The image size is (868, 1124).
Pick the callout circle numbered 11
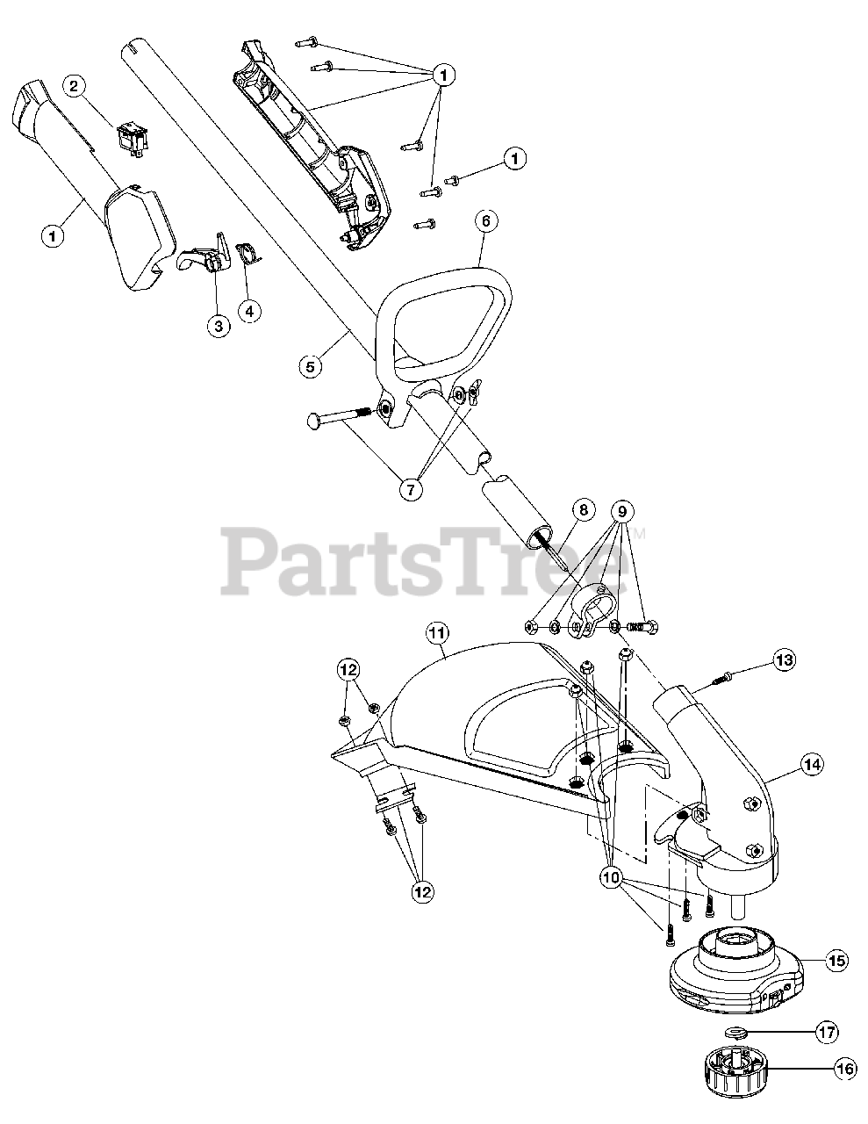(437, 631)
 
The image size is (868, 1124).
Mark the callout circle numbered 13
(784, 659)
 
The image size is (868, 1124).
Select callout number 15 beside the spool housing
(836, 961)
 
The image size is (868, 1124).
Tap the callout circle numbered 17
(826, 1033)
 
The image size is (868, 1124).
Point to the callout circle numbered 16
(844, 1069)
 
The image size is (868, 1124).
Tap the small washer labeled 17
(736, 1032)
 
